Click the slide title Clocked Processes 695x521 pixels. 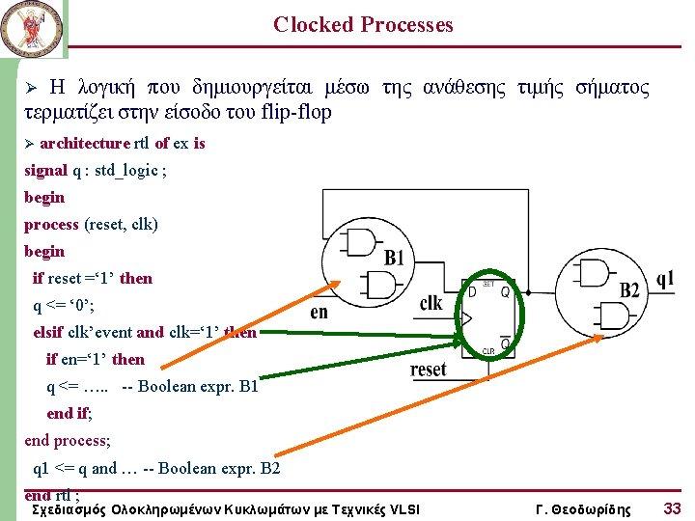point(363,25)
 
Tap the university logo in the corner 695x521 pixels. point(32,28)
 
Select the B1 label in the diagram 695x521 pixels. point(394,259)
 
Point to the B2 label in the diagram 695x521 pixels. point(629,290)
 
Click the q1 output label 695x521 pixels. point(665,279)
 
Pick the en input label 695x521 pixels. point(320,312)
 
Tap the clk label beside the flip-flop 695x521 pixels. point(431,303)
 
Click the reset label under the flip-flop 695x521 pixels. point(429,370)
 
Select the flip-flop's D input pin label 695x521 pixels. point(471,290)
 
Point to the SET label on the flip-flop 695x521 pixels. point(488,284)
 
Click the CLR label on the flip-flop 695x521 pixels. point(488,351)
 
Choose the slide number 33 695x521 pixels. point(672,507)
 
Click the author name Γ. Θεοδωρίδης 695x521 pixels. point(583,508)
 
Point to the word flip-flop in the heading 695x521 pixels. point(294,112)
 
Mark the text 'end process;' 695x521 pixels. point(68,441)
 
